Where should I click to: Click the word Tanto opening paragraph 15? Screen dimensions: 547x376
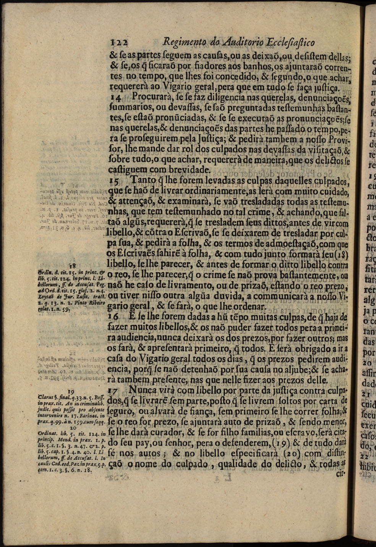point(143,180)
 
